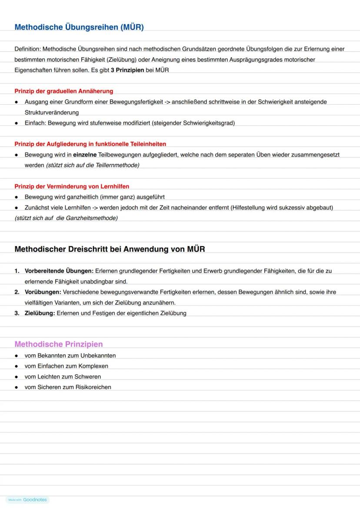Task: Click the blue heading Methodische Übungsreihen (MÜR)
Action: click(79, 27)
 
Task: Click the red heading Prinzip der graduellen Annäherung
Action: click(63, 91)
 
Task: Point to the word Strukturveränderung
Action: click(51, 113)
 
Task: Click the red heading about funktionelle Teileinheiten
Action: click(90, 144)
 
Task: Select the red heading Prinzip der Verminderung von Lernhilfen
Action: click(72, 186)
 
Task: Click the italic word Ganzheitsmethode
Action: click(92, 218)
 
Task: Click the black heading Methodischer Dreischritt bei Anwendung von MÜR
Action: click(110, 250)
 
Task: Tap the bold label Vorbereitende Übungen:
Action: click(59, 271)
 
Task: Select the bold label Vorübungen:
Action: click(43, 292)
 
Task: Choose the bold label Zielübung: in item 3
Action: click(40, 313)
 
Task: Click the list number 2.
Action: click(17, 292)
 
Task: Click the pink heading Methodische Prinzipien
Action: click(59, 344)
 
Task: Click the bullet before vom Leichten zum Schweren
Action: click(17, 377)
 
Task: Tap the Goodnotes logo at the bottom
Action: click(34, 500)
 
